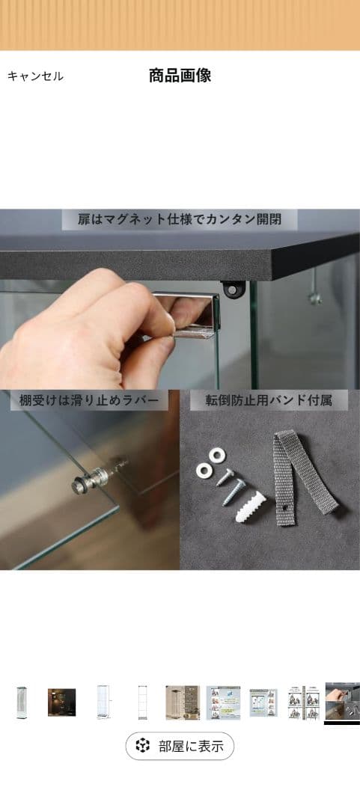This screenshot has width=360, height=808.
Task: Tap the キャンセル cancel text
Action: pos(35,76)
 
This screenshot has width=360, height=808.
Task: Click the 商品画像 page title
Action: pos(180,76)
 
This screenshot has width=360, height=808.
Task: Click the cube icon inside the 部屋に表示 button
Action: pos(142,746)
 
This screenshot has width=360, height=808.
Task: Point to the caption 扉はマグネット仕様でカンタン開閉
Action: pos(180,220)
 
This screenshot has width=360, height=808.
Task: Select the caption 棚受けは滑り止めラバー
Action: pos(88,400)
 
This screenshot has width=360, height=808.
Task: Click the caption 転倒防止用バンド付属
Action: pos(268,400)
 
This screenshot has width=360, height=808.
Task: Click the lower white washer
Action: pos(204,470)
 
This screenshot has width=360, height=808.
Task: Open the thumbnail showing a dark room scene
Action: pos(60,703)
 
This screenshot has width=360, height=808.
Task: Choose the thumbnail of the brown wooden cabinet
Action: pos(182,703)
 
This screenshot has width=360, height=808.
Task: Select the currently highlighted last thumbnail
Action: pos(342,703)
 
